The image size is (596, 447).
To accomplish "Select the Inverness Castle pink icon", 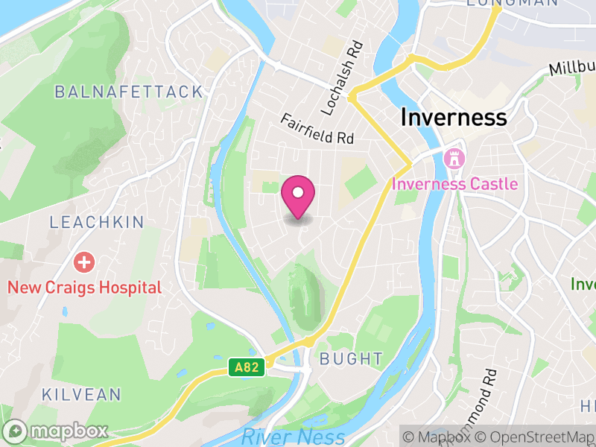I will [x=452, y=159].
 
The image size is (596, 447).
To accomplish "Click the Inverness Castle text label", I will [x=454, y=184].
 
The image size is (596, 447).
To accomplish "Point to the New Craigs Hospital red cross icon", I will [x=84, y=262].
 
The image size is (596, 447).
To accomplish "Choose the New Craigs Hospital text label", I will [x=84, y=288].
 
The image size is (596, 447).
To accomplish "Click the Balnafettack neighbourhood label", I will [x=128, y=92].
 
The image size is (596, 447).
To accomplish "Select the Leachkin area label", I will [x=96, y=222].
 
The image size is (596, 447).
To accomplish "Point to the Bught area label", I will [x=351, y=359].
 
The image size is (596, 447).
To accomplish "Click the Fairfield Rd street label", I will [x=317, y=129].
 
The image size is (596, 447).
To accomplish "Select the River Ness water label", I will [x=294, y=437].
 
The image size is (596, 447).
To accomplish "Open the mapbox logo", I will [x=57, y=431].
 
